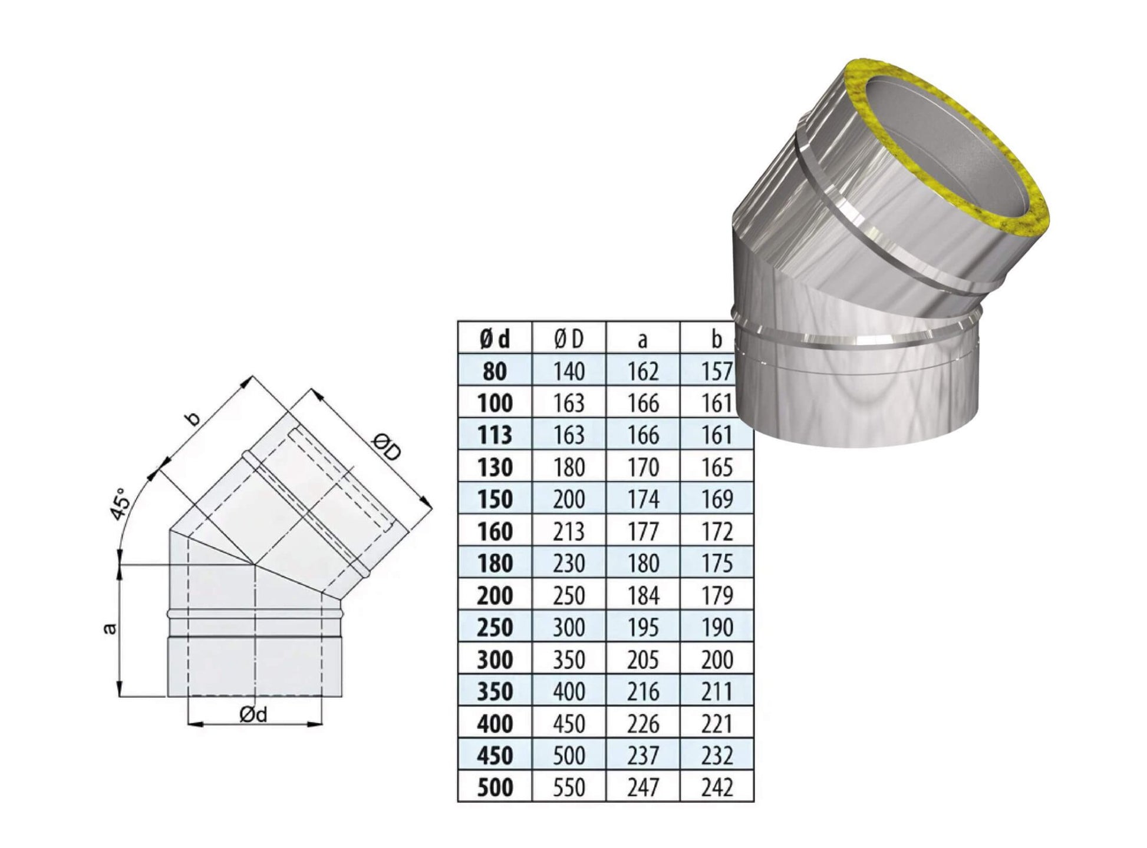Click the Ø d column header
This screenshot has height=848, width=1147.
495,339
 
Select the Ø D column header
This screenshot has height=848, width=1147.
569,339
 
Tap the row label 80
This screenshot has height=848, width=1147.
495,371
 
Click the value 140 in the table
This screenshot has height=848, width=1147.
569,371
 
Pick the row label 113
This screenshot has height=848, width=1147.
495,435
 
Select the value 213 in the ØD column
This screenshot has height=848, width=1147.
569,531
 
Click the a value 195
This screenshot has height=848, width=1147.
642,627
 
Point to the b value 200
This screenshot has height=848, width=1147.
717,660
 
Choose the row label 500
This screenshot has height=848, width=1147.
495,787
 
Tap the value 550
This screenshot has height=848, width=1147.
569,787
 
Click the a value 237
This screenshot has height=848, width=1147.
642,756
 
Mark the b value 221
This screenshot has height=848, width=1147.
717,723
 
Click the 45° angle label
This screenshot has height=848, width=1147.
121,504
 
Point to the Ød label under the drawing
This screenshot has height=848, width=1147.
253,714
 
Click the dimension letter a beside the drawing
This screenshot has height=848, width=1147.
110,629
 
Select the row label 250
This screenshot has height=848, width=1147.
495,627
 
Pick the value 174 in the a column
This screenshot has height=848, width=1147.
642,499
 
